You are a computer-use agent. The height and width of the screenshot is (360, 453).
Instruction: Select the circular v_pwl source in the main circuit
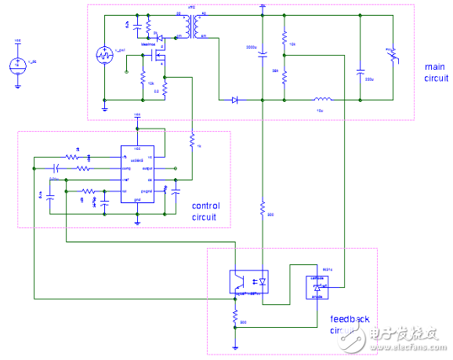(105, 55)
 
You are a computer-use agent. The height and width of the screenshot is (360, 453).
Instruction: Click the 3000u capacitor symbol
(263, 54)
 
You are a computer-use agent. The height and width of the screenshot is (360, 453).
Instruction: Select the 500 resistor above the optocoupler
(263, 208)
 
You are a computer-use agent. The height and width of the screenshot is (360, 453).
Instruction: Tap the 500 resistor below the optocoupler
(235, 318)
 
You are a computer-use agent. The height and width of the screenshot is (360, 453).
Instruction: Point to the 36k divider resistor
(284, 74)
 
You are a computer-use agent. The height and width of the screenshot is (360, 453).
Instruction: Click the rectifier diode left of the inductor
(234, 100)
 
